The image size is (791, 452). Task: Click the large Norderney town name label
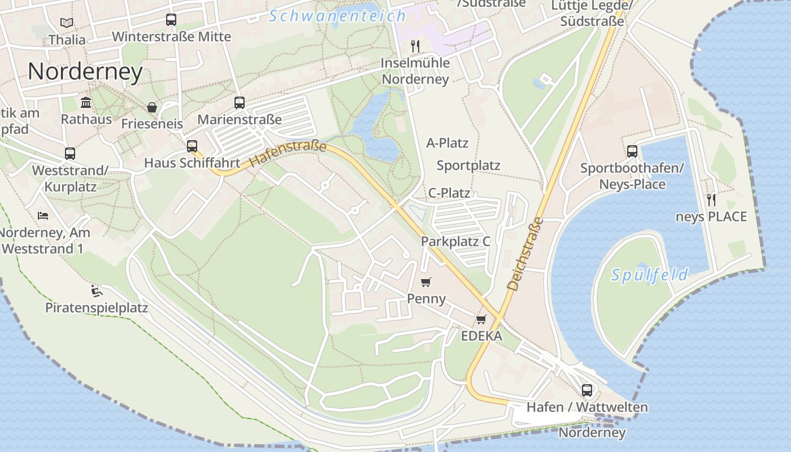(x=85, y=72)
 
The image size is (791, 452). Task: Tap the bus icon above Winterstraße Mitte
(x=171, y=20)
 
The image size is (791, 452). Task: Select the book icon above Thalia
(x=67, y=23)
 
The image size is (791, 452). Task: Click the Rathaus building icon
(x=86, y=102)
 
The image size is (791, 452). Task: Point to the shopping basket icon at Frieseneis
(x=151, y=107)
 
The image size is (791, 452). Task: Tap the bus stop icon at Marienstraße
(x=240, y=103)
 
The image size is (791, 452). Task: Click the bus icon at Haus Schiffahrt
(x=192, y=146)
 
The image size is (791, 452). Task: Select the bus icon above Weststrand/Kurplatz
(x=70, y=154)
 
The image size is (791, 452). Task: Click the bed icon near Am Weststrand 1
(x=43, y=215)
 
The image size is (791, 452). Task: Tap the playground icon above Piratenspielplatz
(x=97, y=291)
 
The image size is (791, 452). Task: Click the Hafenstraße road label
(x=288, y=154)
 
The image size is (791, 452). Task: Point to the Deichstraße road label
(x=524, y=254)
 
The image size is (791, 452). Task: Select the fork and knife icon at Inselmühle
(x=415, y=46)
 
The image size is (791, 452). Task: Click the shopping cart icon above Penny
(x=426, y=282)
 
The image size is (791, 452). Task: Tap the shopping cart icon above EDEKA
(x=481, y=320)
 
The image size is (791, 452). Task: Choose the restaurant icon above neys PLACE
(x=711, y=199)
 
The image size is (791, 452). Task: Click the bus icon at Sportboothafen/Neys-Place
(x=632, y=151)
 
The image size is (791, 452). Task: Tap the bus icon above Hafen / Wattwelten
(x=587, y=390)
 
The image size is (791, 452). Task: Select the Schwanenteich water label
(x=337, y=16)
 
